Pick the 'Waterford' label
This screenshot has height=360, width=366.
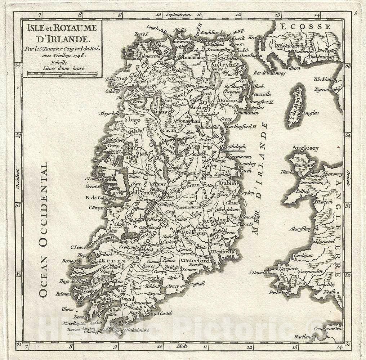coord(196,260)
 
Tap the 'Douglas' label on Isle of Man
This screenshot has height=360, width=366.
coord(310,113)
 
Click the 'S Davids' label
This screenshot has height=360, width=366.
coord(256,272)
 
